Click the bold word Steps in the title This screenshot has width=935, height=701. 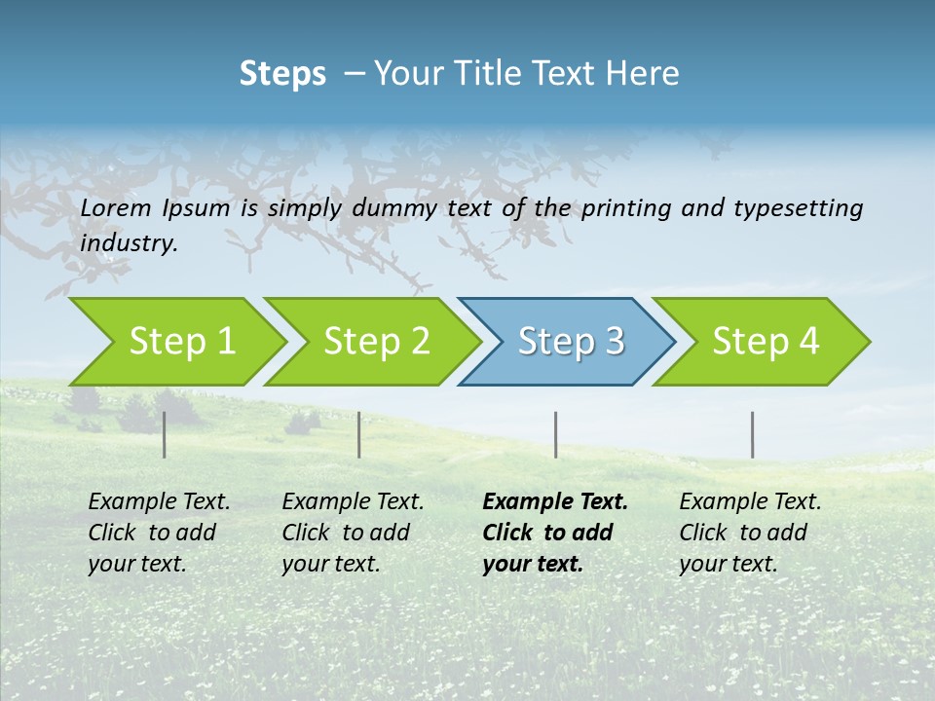click(282, 74)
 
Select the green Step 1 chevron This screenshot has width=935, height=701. click(180, 342)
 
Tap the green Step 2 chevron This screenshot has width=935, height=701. click(375, 342)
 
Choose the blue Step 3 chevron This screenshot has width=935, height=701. click(570, 342)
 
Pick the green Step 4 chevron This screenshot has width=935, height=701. click(765, 342)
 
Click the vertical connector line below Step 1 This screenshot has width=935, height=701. click(165, 434)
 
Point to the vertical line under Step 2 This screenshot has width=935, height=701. click(359, 434)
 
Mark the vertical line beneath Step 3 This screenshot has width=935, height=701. click(556, 434)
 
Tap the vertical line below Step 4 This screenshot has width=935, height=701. click(753, 434)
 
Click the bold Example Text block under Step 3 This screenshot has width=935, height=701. click(554, 533)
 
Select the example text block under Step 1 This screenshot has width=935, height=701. click(159, 533)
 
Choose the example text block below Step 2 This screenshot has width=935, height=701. click(353, 533)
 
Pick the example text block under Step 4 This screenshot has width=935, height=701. click(750, 533)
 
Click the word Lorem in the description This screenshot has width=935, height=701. click(116, 208)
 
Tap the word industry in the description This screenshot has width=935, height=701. click(129, 243)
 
